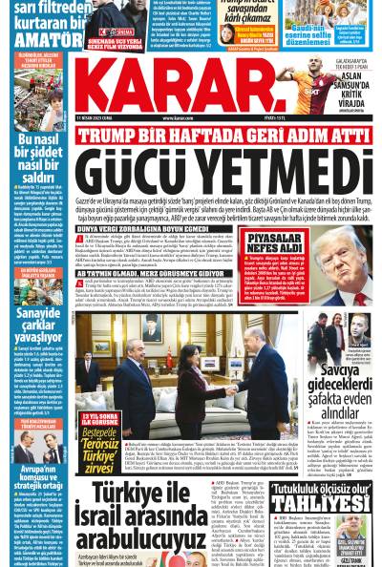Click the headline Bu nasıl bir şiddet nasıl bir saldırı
(33, 149)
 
